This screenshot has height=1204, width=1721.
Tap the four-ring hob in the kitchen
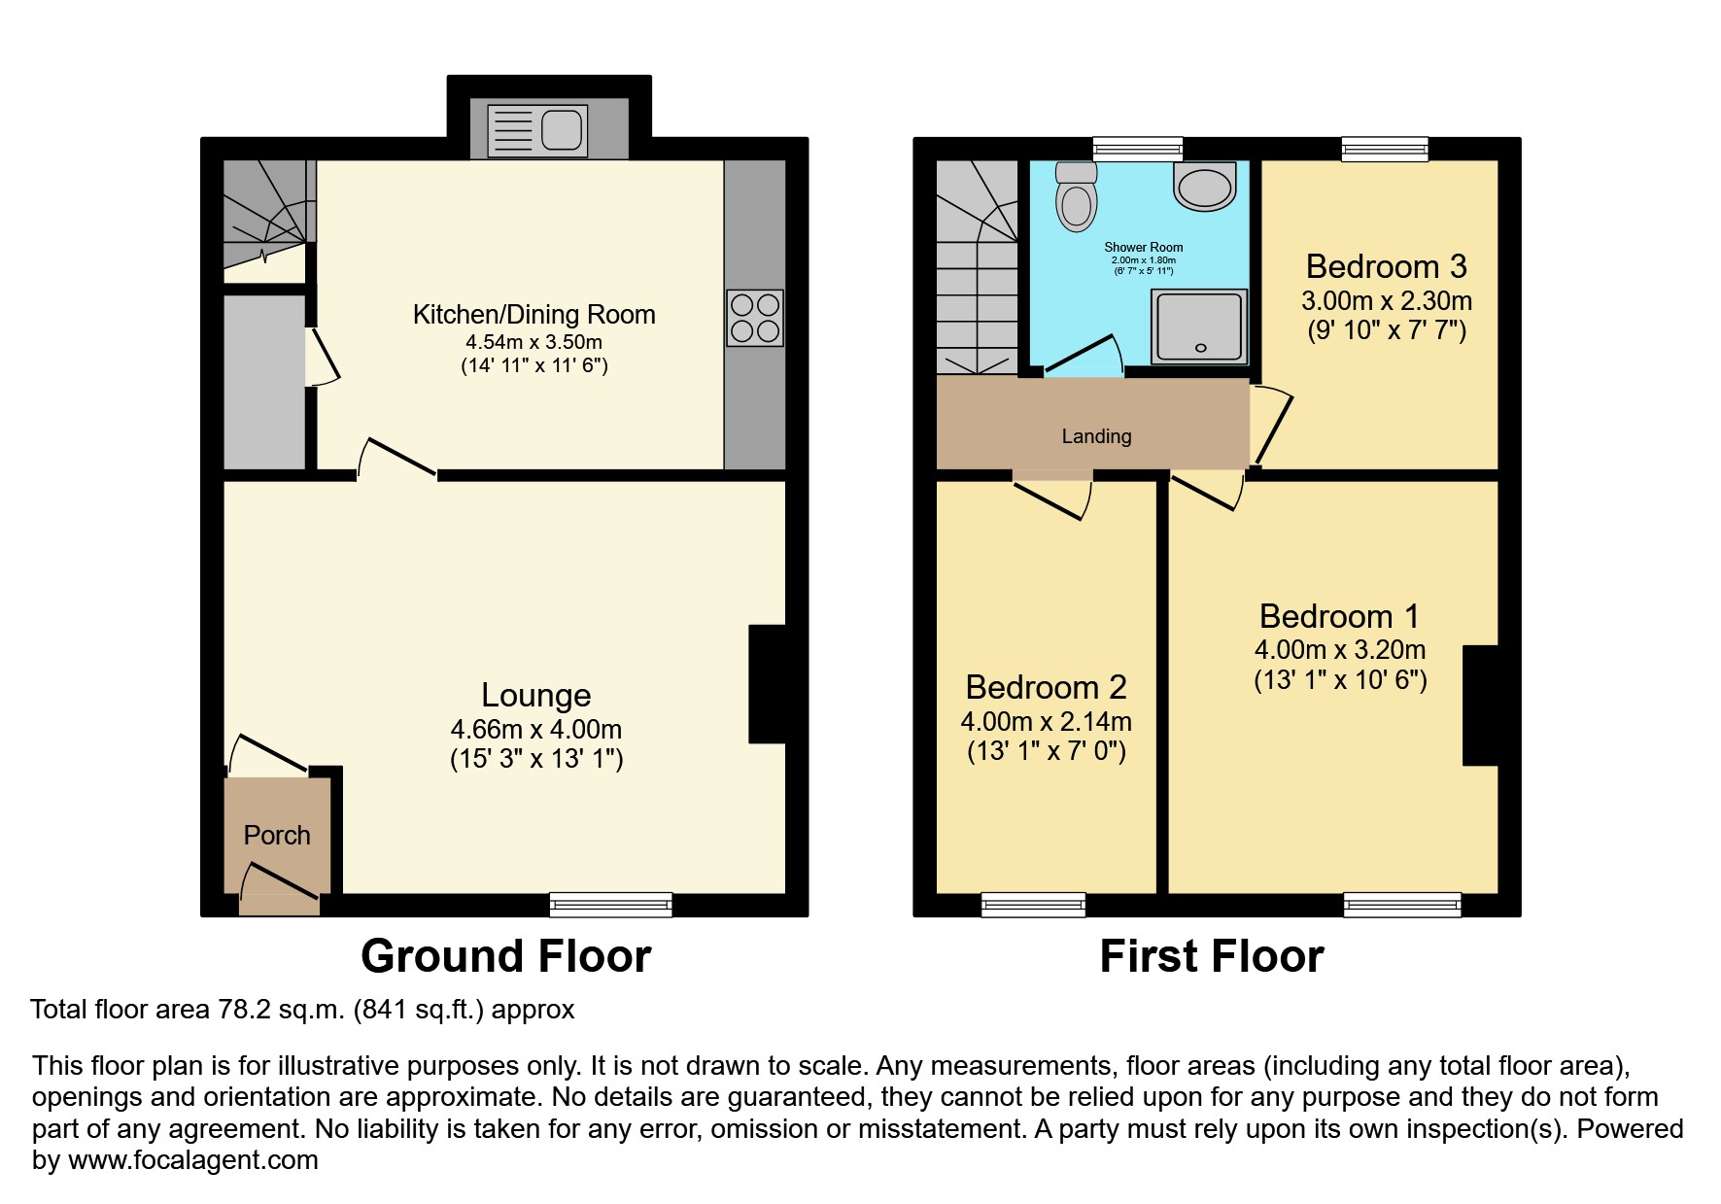(755, 318)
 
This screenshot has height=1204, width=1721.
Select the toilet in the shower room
(1076, 197)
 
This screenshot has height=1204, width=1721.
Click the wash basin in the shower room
(1205, 185)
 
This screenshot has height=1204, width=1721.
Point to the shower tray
(1199, 325)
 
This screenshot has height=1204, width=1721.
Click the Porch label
(277, 836)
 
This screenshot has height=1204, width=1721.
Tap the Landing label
(1096, 436)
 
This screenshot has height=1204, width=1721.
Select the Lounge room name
(535, 696)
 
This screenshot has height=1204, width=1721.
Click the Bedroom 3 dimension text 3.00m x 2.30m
(1386, 301)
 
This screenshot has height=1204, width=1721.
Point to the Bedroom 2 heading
(1046, 688)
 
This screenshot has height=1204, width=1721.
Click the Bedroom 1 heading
(1339, 617)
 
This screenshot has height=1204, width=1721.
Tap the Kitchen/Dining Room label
(534, 315)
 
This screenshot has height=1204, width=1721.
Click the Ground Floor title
(505, 956)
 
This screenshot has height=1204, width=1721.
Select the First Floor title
(1211, 956)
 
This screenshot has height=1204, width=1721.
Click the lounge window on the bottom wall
(610, 905)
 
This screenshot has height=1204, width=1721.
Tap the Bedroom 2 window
(1033, 905)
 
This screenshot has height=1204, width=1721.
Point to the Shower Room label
(1143, 248)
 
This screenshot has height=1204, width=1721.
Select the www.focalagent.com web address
(192, 1160)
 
